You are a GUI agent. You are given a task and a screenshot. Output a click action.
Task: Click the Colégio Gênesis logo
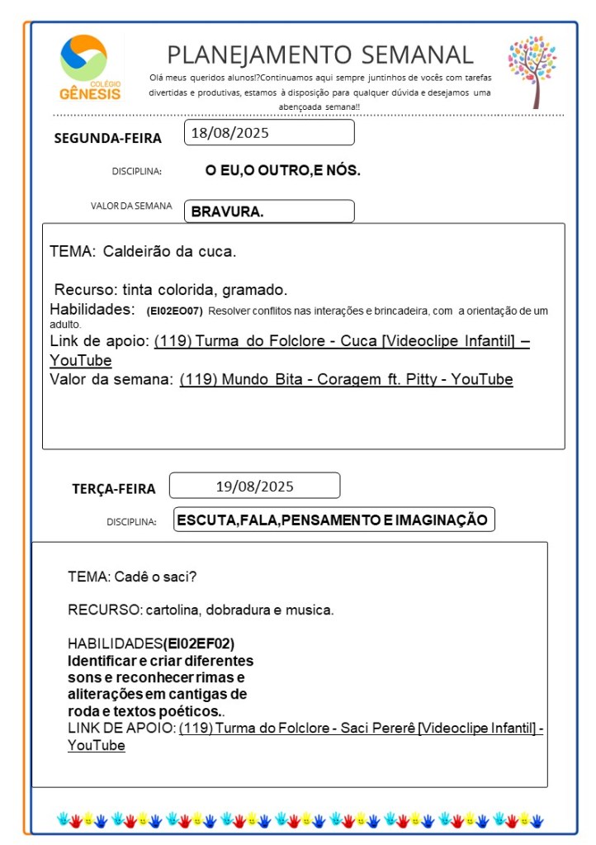pyautogui.click(x=90, y=69)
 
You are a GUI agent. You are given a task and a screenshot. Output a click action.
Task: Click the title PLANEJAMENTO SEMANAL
pyautogui.click(x=320, y=55)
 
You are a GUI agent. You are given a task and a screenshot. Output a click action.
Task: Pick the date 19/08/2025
pyautogui.click(x=254, y=486)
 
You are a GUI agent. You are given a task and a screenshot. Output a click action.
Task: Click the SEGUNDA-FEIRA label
pyautogui.click(x=107, y=138)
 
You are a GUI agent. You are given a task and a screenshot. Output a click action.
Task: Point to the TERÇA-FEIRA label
pyautogui.click(x=113, y=489)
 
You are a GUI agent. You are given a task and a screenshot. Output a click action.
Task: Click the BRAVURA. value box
pyautogui.click(x=269, y=211)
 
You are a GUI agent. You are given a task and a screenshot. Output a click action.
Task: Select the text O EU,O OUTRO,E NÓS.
pyautogui.click(x=282, y=171)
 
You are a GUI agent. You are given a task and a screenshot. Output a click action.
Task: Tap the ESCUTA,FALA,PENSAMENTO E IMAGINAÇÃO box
pyautogui.click(x=333, y=520)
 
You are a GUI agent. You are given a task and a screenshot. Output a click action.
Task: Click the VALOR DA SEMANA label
pyautogui.click(x=131, y=206)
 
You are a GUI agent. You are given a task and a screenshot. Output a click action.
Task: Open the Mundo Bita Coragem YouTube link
pyautogui.click(x=346, y=380)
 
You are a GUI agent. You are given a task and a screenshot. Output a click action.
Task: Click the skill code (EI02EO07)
pyautogui.click(x=174, y=311)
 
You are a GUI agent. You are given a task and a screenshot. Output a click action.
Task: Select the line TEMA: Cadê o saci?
pyautogui.click(x=132, y=576)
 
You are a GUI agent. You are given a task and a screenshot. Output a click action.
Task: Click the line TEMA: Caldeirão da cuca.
pyautogui.click(x=143, y=251)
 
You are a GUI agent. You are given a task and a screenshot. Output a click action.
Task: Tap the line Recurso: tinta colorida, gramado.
pyautogui.click(x=171, y=290)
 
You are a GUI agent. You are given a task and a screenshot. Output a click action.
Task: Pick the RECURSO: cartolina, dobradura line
pyautogui.click(x=201, y=610)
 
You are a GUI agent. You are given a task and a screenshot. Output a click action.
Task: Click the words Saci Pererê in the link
pyautogui.click(x=376, y=728)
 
